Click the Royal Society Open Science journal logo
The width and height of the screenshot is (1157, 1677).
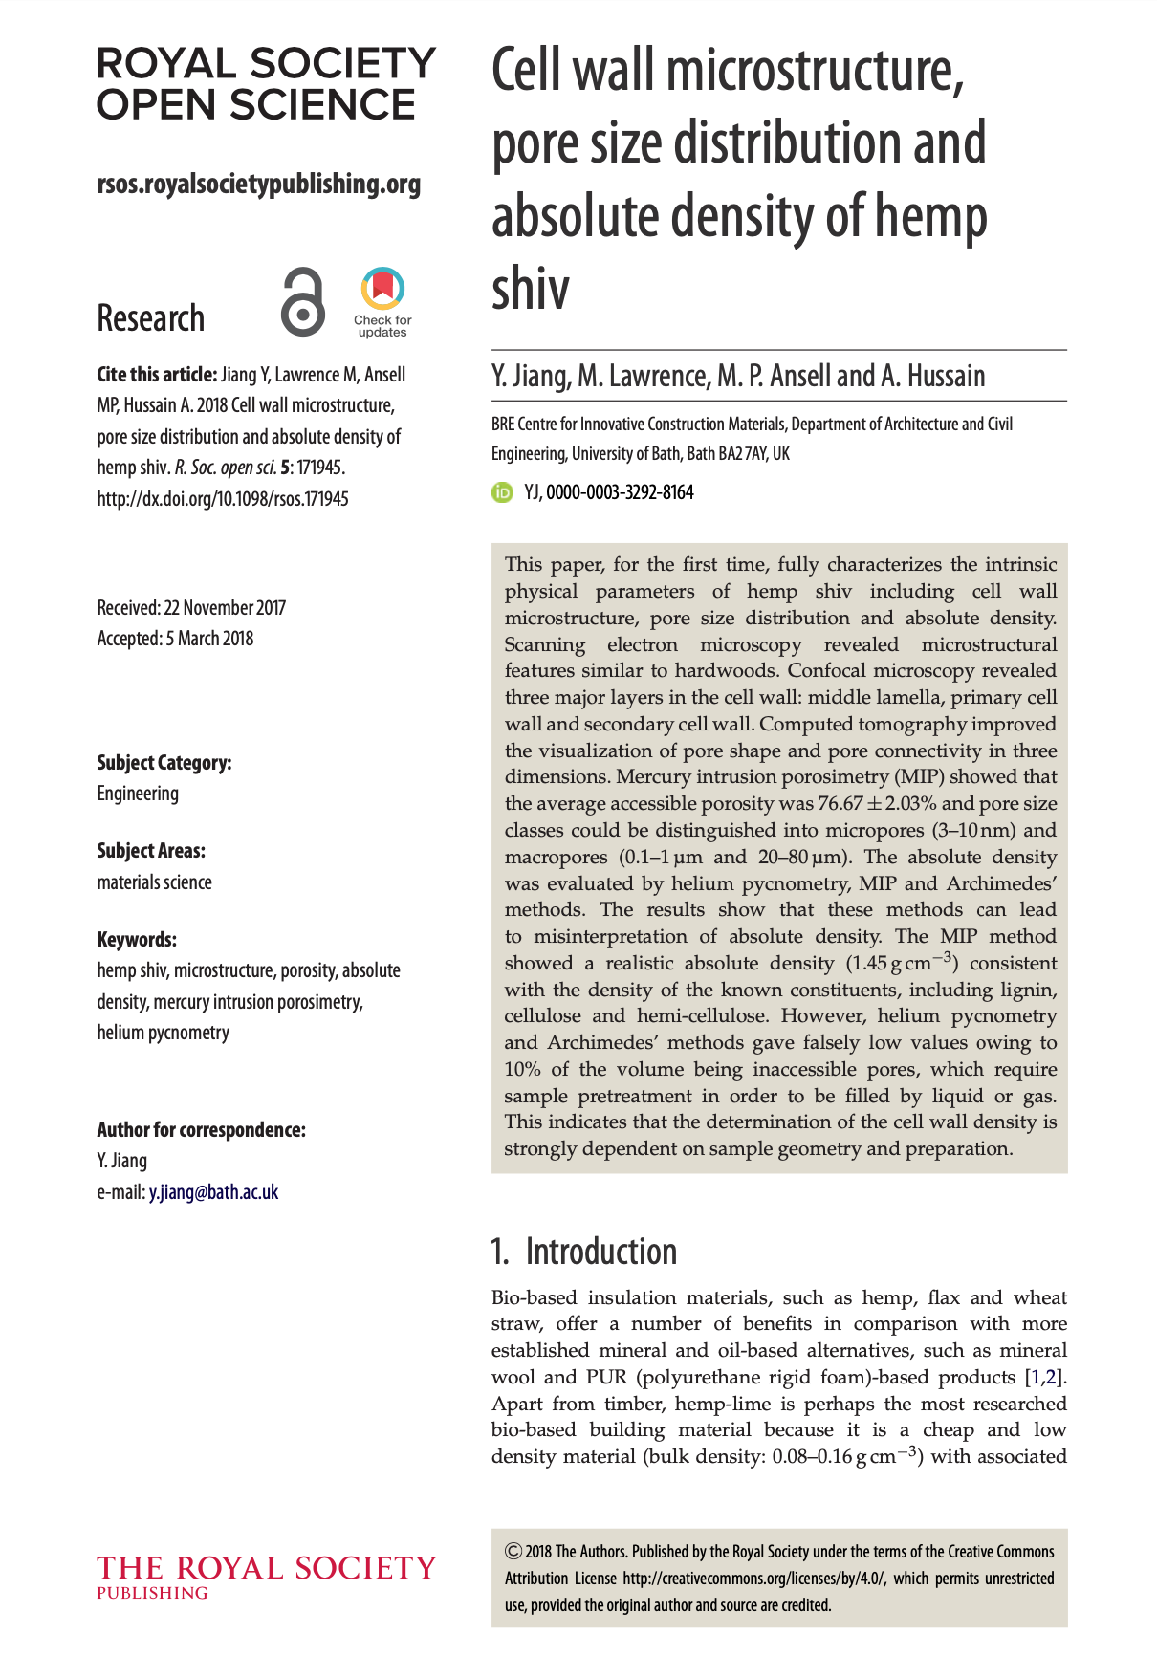[266, 84]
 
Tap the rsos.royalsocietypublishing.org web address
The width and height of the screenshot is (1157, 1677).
[258, 184]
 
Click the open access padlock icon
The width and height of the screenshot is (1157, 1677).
[303, 302]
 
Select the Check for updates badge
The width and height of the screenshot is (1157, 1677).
[382, 302]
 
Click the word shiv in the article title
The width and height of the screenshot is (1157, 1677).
[531, 288]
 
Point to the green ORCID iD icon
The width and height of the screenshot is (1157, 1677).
[502, 493]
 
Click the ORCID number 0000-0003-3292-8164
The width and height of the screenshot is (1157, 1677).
[620, 493]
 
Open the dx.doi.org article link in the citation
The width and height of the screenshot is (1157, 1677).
[223, 499]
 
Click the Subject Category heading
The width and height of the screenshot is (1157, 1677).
[164, 763]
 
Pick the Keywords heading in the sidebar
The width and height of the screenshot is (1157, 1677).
[137, 940]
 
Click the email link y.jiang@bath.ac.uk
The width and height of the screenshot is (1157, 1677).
[213, 1192]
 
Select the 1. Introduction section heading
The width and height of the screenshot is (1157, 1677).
[584, 1252]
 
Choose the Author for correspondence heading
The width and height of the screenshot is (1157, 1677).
[201, 1130]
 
